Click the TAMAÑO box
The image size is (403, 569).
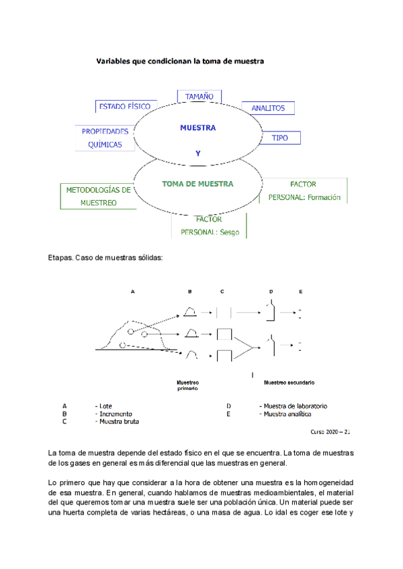[x=195, y=97]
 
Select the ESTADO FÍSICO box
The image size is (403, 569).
[x=125, y=107]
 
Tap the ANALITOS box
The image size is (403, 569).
[x=268, y=108]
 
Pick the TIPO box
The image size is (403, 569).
[x=279, y=138]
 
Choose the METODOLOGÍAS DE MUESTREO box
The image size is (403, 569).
[x=98, y=196]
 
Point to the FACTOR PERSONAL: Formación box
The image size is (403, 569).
[x=304, y=191]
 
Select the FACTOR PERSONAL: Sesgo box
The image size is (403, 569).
[x=209, y=226]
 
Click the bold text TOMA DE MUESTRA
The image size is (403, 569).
[x=197, y=183]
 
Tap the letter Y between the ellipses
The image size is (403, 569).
[x=197, y=154]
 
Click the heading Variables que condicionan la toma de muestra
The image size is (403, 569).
[x=180, y=61]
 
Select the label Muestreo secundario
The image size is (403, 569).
[x=289, y=382]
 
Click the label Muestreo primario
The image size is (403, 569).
[x=187, y=385]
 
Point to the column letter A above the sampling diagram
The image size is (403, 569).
[x=132, y=292]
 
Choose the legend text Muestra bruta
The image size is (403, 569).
[x=118, y=422]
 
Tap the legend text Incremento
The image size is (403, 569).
[x=116, y=414]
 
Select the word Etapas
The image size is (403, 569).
[x=60, y=258]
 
